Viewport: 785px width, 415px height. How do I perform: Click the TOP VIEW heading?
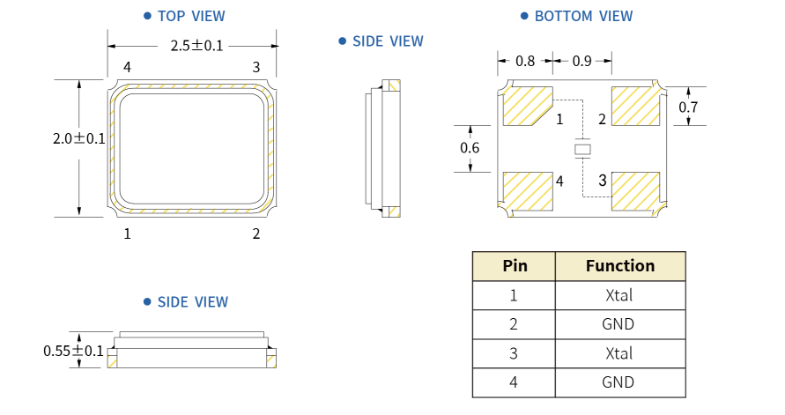pos(190,16)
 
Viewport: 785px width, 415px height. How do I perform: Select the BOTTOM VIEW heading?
pos(583,16)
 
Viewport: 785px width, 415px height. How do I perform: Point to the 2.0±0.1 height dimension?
pos(79,138)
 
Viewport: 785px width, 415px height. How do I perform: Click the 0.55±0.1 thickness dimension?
pos(73,351)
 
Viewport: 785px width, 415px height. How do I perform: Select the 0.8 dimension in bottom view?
pos(525,62)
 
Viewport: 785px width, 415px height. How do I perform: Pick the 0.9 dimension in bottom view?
pos(582,62)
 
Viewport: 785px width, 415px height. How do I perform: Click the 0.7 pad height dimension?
pos(688,107)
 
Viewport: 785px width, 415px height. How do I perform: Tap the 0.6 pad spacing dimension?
pos(470,147)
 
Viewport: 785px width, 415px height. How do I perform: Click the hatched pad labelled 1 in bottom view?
pos(525,107)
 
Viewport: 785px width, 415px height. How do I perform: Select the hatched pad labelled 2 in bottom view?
pos(636,106)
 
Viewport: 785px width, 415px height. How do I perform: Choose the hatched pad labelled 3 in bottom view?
pos(636,190)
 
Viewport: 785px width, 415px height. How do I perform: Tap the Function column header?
pos(620,266)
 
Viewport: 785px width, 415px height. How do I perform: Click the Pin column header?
pos(515,266)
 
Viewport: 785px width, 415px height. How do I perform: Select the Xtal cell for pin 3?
pos(620,353)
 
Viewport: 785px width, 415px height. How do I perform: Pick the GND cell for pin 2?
pos(620,324)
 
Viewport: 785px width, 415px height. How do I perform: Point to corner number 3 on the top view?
pos(256,67)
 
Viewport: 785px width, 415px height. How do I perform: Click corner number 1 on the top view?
pos(128,233)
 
